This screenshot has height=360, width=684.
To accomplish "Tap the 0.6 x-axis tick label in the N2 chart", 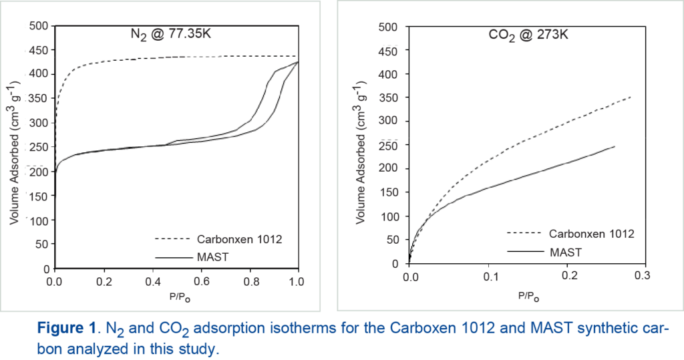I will point(200,281).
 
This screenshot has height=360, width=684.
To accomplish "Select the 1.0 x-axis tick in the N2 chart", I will point(298,281).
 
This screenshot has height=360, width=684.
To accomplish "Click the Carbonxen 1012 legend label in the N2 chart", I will point(235,239).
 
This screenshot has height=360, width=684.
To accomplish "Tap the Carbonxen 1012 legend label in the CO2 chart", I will point(591,234).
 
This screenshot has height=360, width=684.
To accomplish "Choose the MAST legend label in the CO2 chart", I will point(566,252).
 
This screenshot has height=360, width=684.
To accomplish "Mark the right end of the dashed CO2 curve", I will point(630,98).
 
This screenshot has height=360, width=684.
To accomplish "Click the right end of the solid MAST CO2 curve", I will point(615,146).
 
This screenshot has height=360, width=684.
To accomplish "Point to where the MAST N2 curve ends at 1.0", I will point(298,61).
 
